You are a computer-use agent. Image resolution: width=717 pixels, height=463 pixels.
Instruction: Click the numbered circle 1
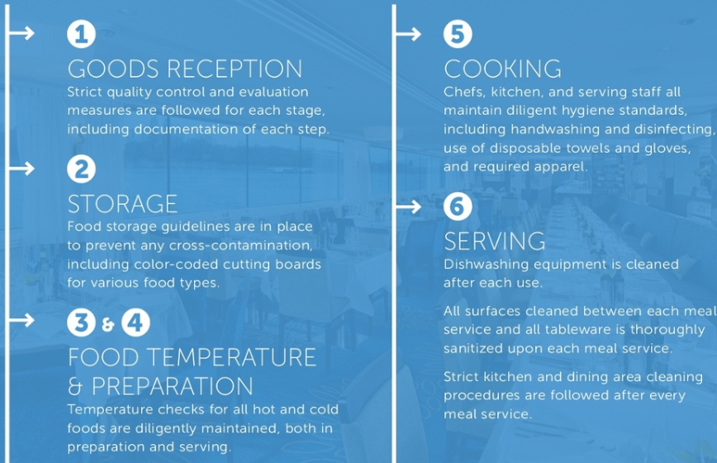(x=82, y=34)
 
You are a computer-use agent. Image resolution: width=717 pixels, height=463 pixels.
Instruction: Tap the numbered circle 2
(x=82, y=169)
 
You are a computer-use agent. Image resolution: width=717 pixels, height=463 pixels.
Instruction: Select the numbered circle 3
(x=82, y=322)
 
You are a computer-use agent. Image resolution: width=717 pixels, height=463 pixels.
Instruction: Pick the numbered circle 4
(x=135, y=322)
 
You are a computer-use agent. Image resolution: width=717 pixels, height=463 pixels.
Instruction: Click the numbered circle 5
(x=458, y=34)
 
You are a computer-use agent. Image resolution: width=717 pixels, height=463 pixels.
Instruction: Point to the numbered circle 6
(x=458, y=206)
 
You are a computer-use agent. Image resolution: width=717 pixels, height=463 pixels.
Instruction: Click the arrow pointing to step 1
(x=22, y=33)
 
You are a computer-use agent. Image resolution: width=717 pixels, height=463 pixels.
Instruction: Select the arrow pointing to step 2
(x=22, y=168)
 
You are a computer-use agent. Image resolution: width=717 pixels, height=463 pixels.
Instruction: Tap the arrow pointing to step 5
(x=408, y=34)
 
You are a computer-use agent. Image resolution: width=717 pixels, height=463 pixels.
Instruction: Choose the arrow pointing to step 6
(x=408, y=206)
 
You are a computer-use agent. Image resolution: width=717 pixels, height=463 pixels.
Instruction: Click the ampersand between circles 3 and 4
(x=108, y=324)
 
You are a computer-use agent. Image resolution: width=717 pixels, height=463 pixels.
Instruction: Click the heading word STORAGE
(x=122, y=204)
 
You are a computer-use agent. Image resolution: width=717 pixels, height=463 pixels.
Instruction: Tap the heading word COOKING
(x=502, y=69)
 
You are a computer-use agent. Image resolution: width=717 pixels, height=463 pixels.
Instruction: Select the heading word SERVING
(x=494, y=241)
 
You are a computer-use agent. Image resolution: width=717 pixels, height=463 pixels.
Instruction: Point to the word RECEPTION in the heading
(x=235, y=69)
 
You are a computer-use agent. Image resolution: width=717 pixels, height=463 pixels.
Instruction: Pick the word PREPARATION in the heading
(x=173, y=387)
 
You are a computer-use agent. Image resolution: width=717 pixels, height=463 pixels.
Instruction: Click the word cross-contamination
(x=241, y=245)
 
